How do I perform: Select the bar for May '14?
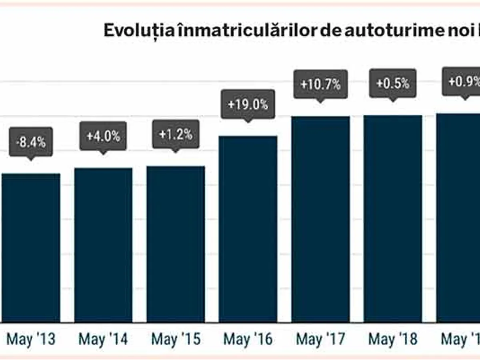point(103,245)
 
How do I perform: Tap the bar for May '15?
point(176,244)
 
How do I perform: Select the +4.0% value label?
point(103,136)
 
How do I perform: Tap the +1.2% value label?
point(176,134)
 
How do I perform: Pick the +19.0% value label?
point(248,104)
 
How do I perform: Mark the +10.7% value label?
point(320,84)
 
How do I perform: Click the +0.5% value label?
point(393,83)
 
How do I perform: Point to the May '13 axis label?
point(31,340)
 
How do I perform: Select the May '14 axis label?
point(103,340)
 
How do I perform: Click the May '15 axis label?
point(176,340)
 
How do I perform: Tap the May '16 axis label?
point(248,340)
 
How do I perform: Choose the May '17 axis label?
point(320,340)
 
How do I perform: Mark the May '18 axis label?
point(393,340)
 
